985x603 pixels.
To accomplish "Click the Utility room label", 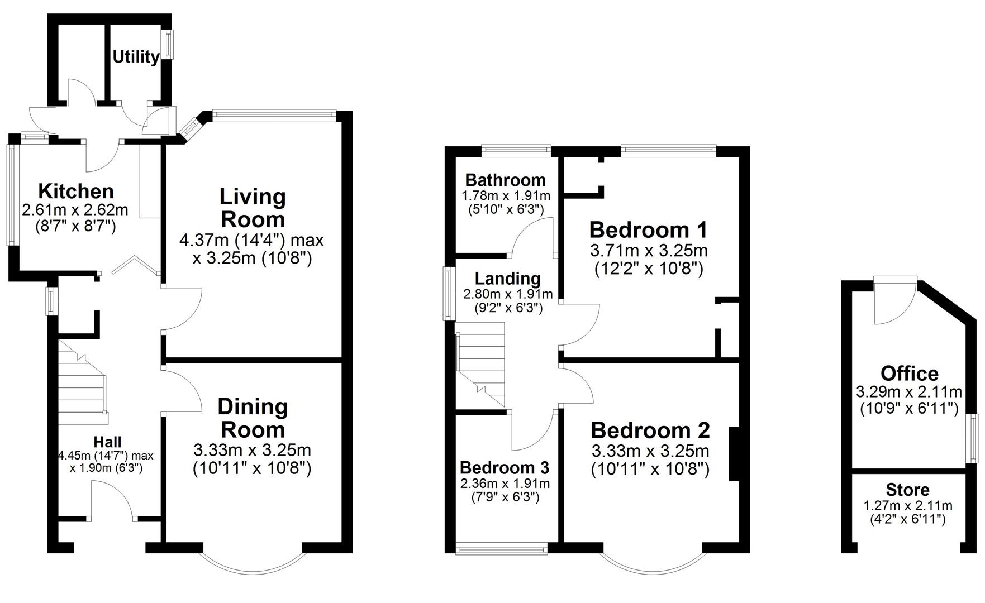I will pyautogui.click(x=136, y=56).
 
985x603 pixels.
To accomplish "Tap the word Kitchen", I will pyautogui.click(x=76, y=191).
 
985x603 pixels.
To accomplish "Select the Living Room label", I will pyautogui.click(x=253, y=207).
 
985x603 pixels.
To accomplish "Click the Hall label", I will pyautogui.click(x=107, y=442).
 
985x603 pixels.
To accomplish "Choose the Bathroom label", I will pyautogui.click(x=505, y=180).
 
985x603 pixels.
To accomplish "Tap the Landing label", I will pyautogui.click(x=507, y=278).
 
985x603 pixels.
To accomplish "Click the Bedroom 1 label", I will pyautogui.click(x=648, y=229).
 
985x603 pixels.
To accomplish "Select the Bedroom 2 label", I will pyautogui.click(x=650, y=430).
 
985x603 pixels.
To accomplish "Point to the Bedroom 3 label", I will pyautogui.click(x=505, y=467).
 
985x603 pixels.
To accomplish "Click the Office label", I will pyautogui.click(x=909, y=373).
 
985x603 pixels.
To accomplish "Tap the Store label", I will pyautogui.click(x=907, y=490).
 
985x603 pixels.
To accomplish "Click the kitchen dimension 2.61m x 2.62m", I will pyautogui.click(x=75, y=210).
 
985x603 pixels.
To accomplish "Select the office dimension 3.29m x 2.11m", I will pyautogui.click(x=908, y=391).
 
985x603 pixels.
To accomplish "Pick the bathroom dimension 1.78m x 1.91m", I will pyautogui.click(x=505, y=195).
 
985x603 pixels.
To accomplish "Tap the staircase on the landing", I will pyautogui.click(x=480, y=363).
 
